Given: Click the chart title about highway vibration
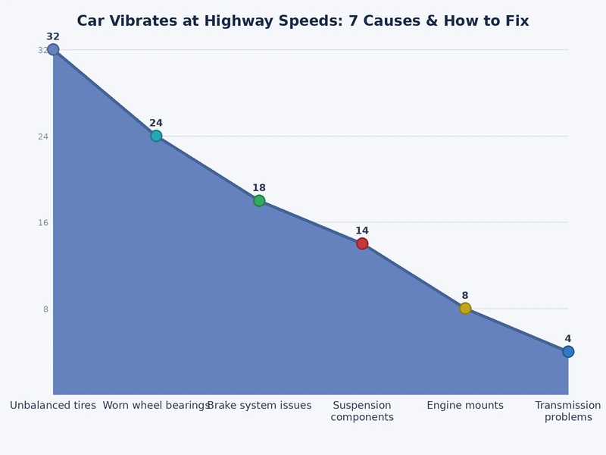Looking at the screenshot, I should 303,20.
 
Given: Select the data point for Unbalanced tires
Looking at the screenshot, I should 53,50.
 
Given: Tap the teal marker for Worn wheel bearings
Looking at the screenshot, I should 156,136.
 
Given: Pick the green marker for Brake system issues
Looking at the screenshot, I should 259,201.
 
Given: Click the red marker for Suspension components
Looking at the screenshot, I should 362,243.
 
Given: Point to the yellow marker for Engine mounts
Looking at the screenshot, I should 465,309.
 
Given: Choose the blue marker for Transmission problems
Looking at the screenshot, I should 568,352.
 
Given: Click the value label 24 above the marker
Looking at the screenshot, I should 156,123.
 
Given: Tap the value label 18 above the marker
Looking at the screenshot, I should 259,188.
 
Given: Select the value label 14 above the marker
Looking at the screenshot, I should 362,231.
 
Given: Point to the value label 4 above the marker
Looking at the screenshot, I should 568,339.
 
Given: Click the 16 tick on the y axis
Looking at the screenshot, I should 43,223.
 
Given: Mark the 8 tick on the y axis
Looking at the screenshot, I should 45,309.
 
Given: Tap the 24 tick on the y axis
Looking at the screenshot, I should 43,136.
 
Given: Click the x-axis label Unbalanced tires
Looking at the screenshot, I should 53,406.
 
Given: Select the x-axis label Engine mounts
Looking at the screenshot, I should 465,406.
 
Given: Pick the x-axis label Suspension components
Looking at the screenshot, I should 362,411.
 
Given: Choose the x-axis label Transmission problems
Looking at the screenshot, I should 568,411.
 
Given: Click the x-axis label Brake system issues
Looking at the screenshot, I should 259,406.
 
